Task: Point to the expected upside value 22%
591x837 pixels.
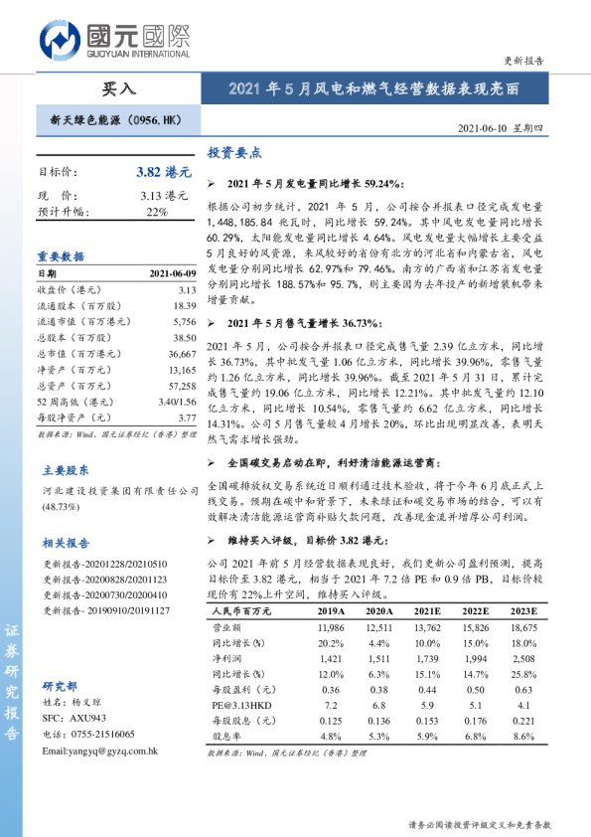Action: (x=157, y=212)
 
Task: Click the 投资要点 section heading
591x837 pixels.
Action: (x=234, y=153)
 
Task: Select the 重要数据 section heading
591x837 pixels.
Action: (x=62, y=255)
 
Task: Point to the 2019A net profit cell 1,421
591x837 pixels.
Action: (x=332, y=659)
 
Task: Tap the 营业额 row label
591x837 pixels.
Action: (x=229, y=629)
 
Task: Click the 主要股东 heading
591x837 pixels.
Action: (x=66, y=471)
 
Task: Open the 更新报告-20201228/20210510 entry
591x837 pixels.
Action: (x=104, y=565)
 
